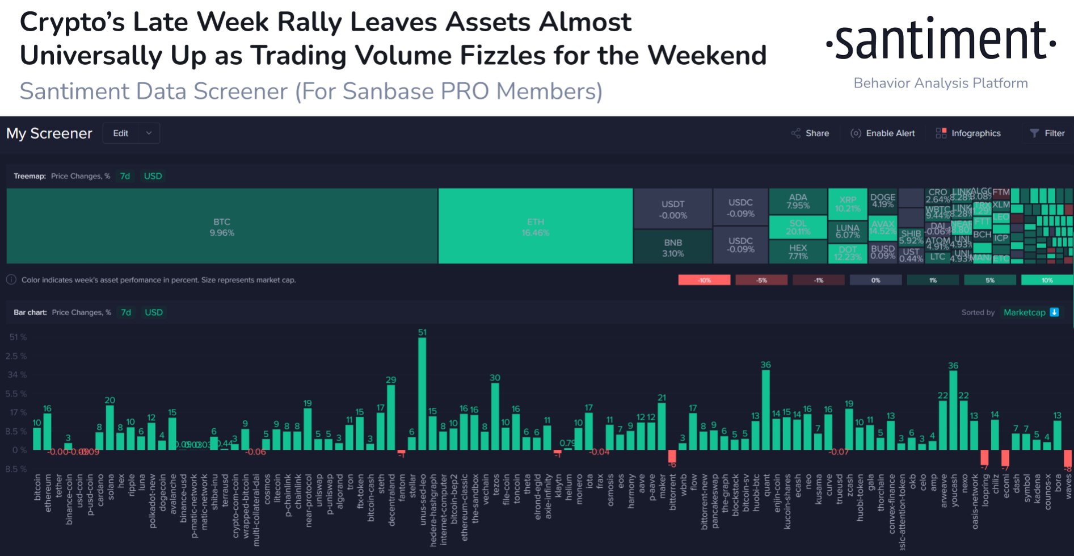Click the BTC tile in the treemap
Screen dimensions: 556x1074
[222, 226]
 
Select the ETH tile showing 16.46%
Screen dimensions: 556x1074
[535, 226]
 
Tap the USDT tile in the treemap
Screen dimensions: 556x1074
[673, 208]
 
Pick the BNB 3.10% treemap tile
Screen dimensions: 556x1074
[673, 247]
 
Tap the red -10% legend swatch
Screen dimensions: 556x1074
[704, 280]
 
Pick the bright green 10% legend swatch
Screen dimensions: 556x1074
[1047, 280]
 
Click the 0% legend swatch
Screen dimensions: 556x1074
[875, 280]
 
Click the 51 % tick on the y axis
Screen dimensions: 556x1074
[18, 337]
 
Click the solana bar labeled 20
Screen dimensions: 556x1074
[110, 427]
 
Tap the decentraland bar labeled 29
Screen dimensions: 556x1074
[391, 417]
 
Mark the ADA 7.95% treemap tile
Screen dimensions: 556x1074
[798, 201]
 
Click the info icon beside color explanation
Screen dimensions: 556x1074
[11, 279]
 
